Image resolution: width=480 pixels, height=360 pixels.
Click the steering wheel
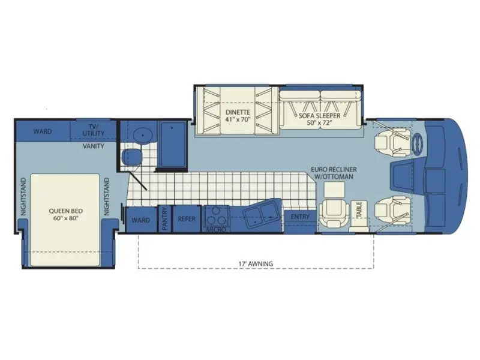coord(418,143)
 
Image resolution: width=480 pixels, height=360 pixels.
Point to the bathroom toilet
coord(132,157)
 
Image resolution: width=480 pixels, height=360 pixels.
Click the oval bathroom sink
coord(143,134)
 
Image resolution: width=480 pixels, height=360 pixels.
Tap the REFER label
coord(187,219)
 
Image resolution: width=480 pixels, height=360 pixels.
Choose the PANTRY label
coord(165,218)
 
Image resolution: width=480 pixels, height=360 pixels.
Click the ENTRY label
coord(300,217)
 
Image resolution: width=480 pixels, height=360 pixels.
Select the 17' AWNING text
coord(256,263)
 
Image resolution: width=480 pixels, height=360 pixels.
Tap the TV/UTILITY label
coord(94,130)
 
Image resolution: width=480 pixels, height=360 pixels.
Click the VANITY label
coord(94,146)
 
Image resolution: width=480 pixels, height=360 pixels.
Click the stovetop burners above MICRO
coord(216,216)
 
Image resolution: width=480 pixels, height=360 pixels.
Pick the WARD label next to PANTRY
coord(141,220)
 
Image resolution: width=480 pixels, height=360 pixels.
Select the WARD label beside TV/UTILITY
coord(43,131)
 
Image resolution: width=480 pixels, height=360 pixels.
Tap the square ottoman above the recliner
coord(334,190)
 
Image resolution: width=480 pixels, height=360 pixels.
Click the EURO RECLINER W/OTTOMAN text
coord(334,173)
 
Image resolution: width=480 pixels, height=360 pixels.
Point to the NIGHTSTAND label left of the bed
coord(23,197)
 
